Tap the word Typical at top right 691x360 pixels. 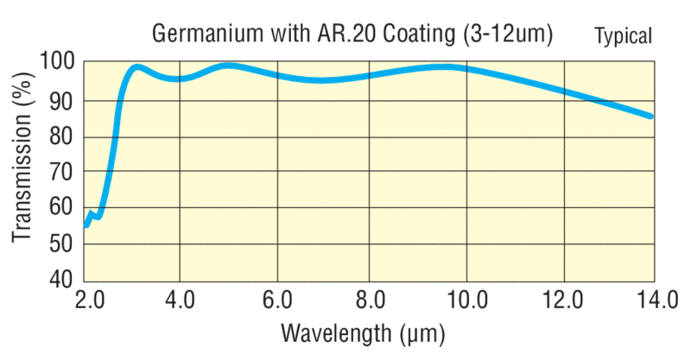tap(623, 35)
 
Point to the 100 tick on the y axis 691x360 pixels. tap(56, 62)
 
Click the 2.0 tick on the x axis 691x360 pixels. tap(88, 300)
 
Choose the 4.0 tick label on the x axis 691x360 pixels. tap(180, 300)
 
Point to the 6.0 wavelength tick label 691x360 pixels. tap(275, 300)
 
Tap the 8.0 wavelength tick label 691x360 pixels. tap(370, 300)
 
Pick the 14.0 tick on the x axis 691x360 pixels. tap(654, 300)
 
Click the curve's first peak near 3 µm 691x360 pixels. tap(136, 66)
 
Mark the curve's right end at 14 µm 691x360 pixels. tap(650, 116)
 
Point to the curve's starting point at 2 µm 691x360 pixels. tap(86, 224)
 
